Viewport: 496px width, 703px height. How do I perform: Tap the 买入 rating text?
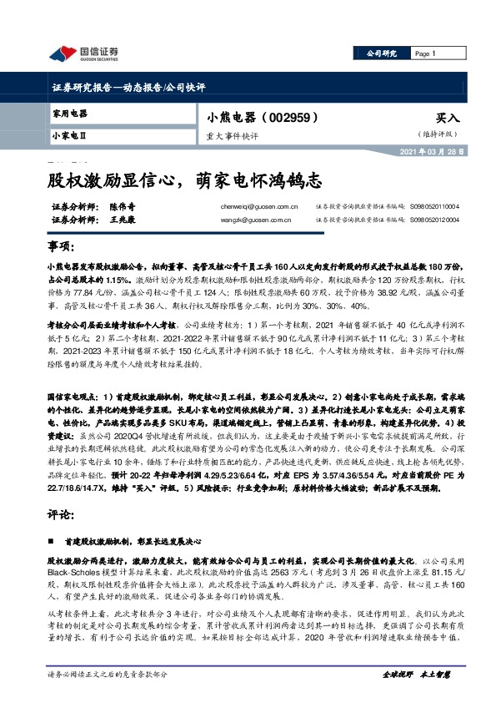448,119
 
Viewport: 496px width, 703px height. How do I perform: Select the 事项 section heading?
58,249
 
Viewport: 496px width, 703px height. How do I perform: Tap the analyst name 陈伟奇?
122,205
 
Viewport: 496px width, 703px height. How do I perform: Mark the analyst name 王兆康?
122,220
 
